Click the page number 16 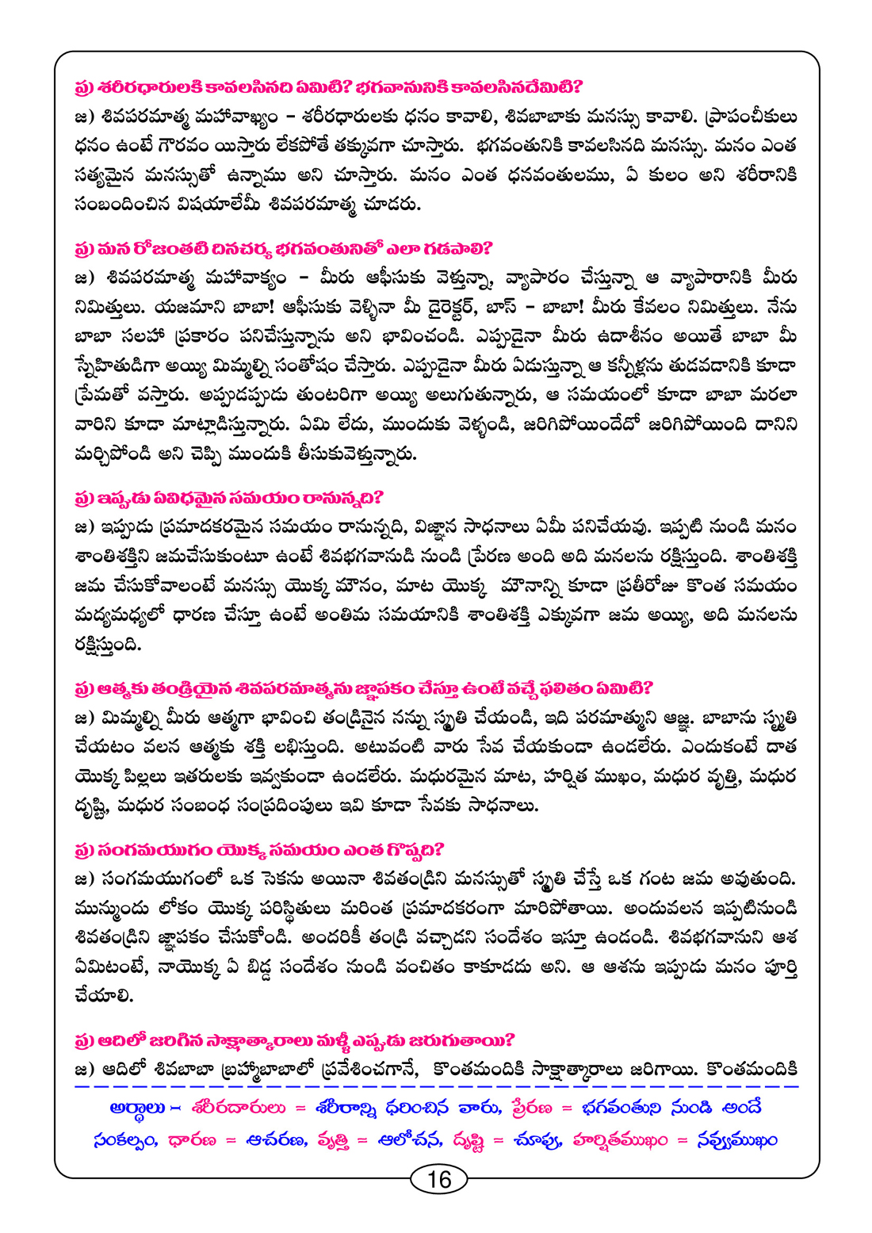point(438,1179)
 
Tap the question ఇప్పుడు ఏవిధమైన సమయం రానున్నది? point(229,498)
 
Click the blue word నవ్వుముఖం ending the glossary point(736,1140)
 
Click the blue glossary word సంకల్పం point(124,1140)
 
